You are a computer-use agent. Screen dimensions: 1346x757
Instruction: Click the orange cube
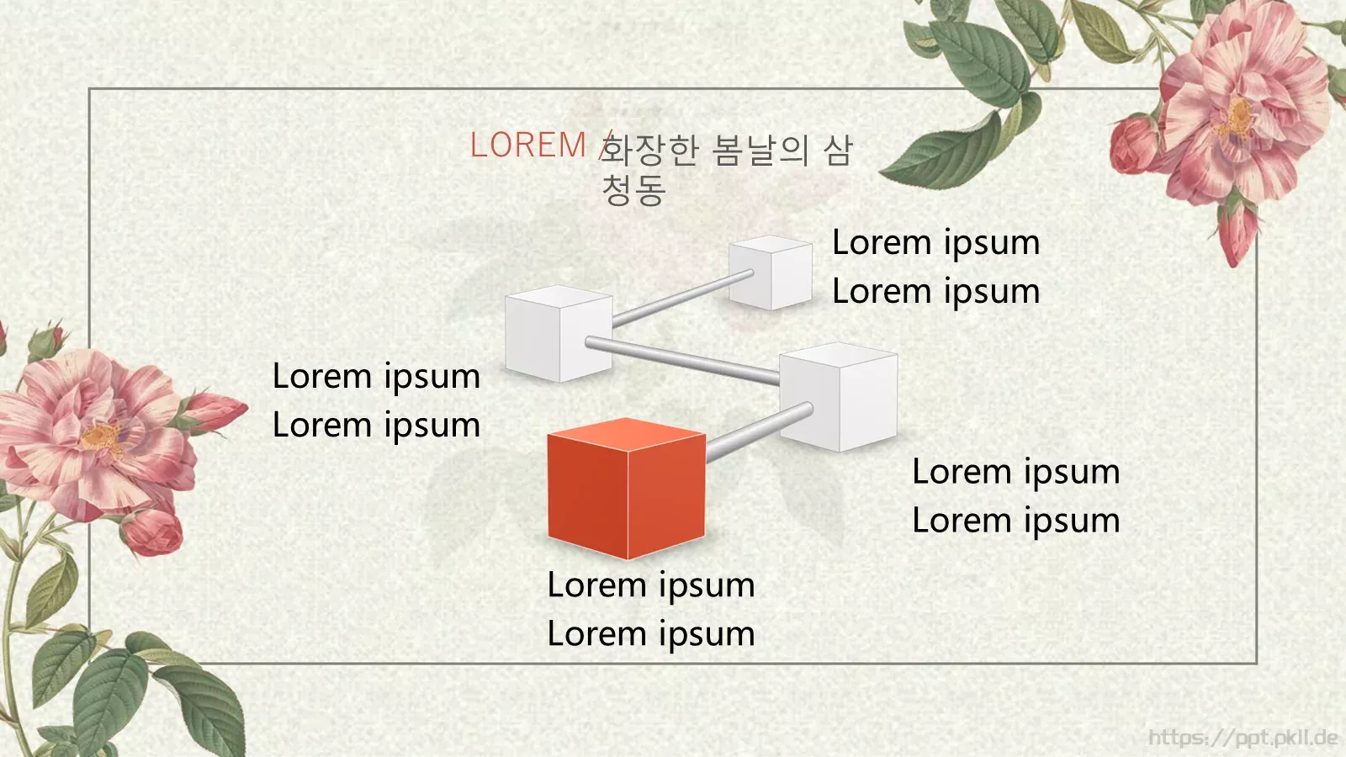pos(626,489)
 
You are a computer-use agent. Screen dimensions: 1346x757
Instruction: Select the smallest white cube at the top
pos(771,273)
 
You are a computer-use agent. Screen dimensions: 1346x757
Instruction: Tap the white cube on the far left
pos(559,333)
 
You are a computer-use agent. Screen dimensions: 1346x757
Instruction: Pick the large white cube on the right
pos(839,396)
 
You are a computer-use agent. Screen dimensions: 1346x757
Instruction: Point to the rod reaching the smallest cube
pos(682,299)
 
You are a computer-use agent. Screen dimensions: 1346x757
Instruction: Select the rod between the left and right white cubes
pos(682,359)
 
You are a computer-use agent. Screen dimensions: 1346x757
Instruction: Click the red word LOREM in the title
pos(527,145)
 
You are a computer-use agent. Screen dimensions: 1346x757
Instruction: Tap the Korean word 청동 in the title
pos(634,190)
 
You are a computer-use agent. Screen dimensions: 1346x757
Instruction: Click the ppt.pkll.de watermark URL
pos(1243,737)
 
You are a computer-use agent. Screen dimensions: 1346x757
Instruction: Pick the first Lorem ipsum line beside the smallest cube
pos(935,243)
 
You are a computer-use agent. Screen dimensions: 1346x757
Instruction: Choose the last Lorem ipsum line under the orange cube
pos(651,634)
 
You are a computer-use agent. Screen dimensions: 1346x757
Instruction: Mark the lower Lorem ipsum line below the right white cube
pos(1016,521)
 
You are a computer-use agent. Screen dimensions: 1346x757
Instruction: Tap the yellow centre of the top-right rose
pos(1237,118)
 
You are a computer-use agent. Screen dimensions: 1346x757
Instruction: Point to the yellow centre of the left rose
pos(102,437)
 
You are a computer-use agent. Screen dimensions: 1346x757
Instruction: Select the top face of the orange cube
pos(626,434)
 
